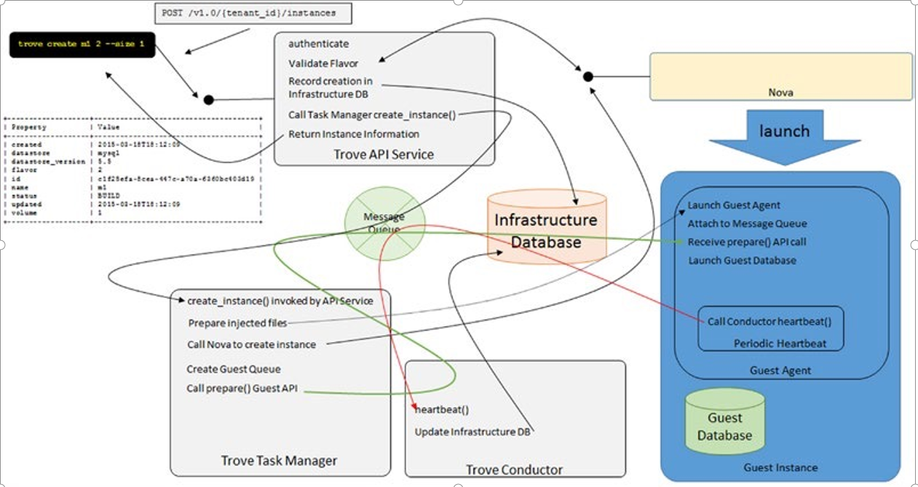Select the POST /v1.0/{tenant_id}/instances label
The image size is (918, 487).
tap(244, 14)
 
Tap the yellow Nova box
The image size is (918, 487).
tap(780, 76)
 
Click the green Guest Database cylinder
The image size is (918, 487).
tap(725, 421)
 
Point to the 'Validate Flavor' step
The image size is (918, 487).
tap(323, 63)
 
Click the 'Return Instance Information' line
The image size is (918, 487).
tap(354, 134)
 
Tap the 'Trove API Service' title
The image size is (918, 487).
tap(384, 154)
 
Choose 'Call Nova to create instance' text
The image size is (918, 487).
tap(252, 344)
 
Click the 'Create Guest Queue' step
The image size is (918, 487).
tap(234, 369)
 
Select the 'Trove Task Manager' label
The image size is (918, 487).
tap(279, 461)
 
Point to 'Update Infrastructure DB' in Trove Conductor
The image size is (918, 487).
tap(472, 432)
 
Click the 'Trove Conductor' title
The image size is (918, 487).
tap(514, 470)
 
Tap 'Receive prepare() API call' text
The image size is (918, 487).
tap(747, 242)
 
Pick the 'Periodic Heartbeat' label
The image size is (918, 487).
tap(780, 344)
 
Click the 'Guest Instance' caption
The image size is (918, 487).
tap(780, 467)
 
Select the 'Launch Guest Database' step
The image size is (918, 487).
tap(742, 260)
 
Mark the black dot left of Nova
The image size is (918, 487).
tap(588, 76)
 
